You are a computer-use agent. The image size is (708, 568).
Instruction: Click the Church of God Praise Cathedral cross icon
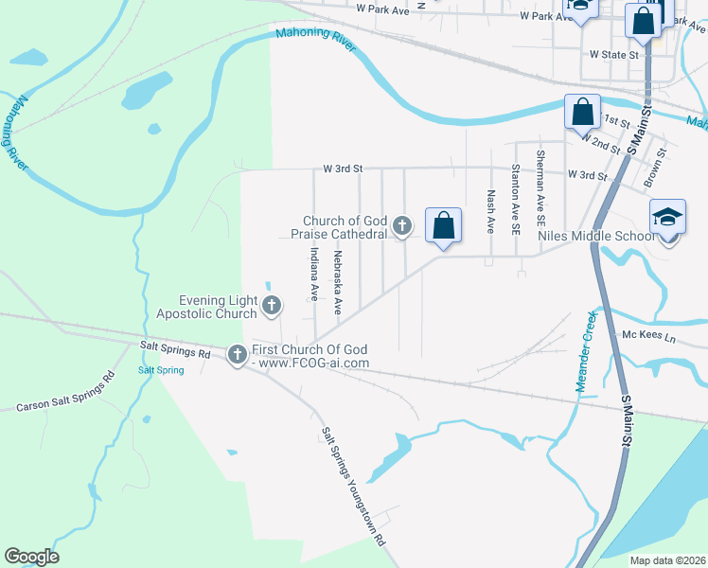pos(402,224)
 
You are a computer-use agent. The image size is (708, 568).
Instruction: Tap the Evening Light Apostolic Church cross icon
pos(272,305)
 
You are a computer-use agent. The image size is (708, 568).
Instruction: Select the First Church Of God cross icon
pos(237,354)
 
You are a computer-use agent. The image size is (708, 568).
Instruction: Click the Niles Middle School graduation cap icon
pos(667,217)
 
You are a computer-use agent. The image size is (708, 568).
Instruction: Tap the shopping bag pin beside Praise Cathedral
pos(443,225)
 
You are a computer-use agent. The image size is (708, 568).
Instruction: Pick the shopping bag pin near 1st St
pos(582,113)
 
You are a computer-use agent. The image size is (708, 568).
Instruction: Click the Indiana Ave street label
pos(313,275)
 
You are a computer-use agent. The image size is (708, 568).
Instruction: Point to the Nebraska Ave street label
pos(337,282)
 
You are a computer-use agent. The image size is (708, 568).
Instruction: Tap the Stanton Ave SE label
pos(516,199)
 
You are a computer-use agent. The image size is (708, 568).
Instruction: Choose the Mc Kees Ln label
pos(647,336)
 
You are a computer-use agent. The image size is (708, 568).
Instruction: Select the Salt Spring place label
pos(161,370)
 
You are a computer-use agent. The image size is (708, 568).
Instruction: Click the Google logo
pos(31,557)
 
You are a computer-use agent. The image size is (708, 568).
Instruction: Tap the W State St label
pos(614,55)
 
